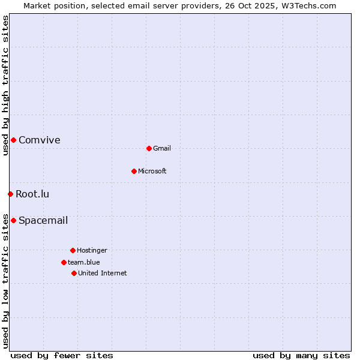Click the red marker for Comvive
(13, 140)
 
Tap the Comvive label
(39, 140)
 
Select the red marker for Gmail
(149, 148)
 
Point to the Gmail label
(162, 148)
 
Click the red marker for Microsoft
(134, 171)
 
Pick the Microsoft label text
(152, 171)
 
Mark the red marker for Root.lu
(10, 194)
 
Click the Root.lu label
(32, 194)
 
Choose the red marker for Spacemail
(13, 220)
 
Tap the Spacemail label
(43, 220)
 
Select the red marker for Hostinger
(73, 250)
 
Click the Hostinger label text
(92, 250)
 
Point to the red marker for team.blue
(64, 262)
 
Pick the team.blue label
(84, 262)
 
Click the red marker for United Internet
(74, 273)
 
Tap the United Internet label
(102, 273)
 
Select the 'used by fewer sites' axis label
(62, 355)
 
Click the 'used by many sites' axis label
(301, 355)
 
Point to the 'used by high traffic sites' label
(5, 85)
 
